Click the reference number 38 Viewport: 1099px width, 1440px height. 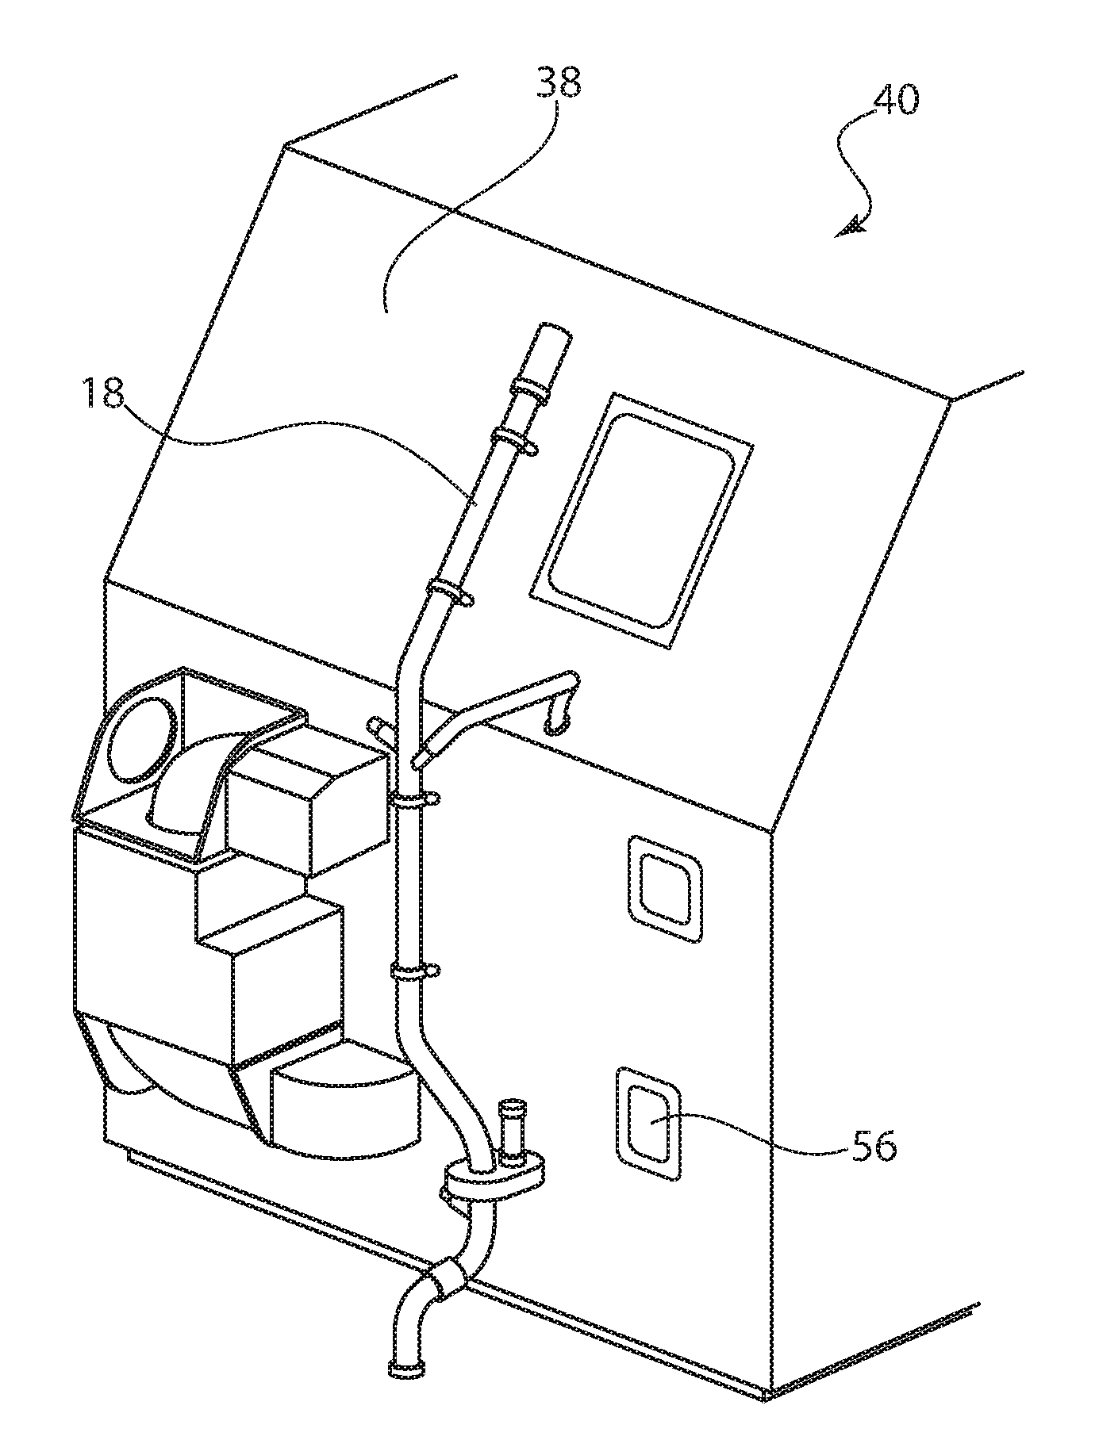[559, 82]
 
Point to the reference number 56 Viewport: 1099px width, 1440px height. [874, 1146]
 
